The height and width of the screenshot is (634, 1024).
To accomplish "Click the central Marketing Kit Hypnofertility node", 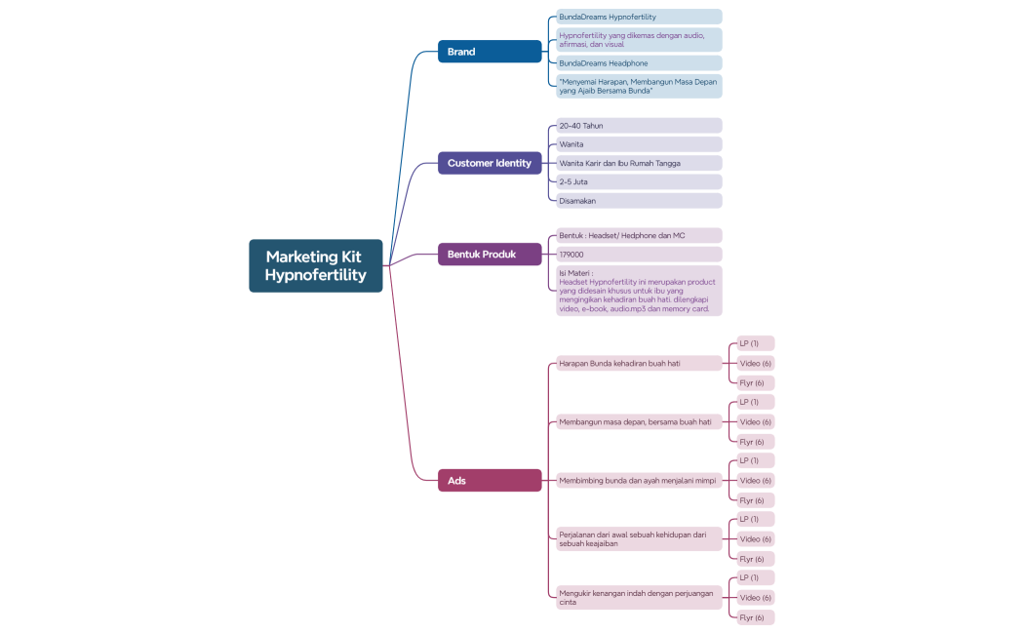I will [315, 265].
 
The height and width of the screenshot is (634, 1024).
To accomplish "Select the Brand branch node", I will [489, 52].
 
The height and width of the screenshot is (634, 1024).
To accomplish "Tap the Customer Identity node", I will [489, 163].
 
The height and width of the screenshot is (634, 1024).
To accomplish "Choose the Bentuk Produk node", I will [489, 255].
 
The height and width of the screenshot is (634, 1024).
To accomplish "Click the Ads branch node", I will [489, 480].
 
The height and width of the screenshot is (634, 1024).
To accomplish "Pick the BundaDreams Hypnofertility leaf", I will [638, 17].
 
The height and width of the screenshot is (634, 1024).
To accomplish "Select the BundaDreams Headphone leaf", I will [638, 63].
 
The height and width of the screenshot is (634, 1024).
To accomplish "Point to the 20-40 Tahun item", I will [638, 126].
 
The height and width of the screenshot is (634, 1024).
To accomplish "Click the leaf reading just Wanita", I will [638, 144].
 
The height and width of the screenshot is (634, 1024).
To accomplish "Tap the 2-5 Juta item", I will [638, 181].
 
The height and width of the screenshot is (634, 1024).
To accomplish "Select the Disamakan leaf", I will [638, 201].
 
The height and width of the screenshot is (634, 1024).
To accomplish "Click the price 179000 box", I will [638, 255].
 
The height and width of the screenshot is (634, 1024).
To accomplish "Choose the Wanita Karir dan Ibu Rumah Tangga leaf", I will [638, 163].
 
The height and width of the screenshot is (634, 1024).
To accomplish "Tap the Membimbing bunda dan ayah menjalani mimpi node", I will [638, 480].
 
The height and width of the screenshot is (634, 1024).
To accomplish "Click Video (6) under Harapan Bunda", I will [755, 363].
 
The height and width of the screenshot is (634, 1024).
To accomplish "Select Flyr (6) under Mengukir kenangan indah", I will [755, 617].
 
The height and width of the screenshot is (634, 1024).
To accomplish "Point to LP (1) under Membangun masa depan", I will [755, 402].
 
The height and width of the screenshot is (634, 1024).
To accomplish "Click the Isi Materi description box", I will [638, 291].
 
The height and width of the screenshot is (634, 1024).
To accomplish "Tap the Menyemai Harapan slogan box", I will [638, 86].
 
